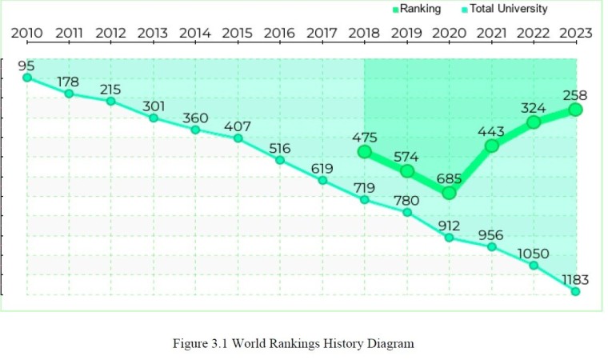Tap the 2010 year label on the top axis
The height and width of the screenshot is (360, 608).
tap(26, 33)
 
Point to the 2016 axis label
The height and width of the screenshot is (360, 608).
tap(279, 33)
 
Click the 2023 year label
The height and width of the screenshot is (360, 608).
tap(575, 33)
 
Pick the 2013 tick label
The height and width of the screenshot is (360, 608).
tap(153, 33)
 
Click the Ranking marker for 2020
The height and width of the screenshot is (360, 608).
tap(449, 193)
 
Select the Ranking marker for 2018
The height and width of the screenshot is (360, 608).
tap(365, 151)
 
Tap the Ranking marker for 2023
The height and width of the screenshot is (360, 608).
tap(575, 109)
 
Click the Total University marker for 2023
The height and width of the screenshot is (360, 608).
tap(575, 291)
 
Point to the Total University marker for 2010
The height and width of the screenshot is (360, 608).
tap(27, 78)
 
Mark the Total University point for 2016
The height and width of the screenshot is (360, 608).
tap(280, 160)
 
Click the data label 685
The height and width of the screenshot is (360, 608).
tap(449, 178)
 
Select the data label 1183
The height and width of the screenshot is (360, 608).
tap(574, 279)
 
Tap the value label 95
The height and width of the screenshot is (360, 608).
tap(26, 65)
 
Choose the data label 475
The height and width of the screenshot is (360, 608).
tap(365, 138)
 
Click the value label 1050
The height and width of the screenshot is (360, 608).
tap(533, 254)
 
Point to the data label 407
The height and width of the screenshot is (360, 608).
tap(238, 126)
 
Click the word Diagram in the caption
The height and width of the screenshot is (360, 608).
tap(390, 343)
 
